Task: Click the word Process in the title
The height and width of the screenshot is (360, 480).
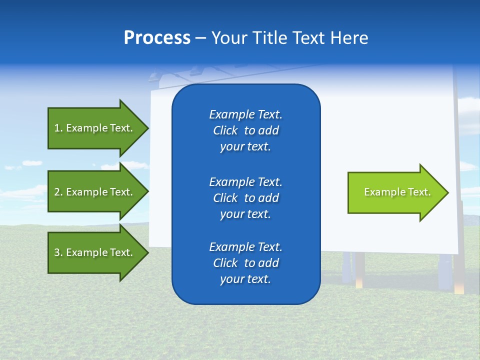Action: [157, 38]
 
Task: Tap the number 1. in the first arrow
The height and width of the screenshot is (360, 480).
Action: [58, 128]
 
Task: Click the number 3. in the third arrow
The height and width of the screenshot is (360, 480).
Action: [58, 253]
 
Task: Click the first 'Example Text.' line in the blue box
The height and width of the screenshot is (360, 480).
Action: [245, 114]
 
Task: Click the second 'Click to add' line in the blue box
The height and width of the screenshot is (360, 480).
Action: [245, 198]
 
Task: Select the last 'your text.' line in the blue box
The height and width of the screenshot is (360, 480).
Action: [245, 279]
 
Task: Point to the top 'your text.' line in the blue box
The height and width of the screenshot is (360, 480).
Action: [245, 147]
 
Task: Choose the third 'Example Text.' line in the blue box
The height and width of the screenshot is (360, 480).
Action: [245, 247]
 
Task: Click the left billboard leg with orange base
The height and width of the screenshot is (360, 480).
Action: [359, 270]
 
